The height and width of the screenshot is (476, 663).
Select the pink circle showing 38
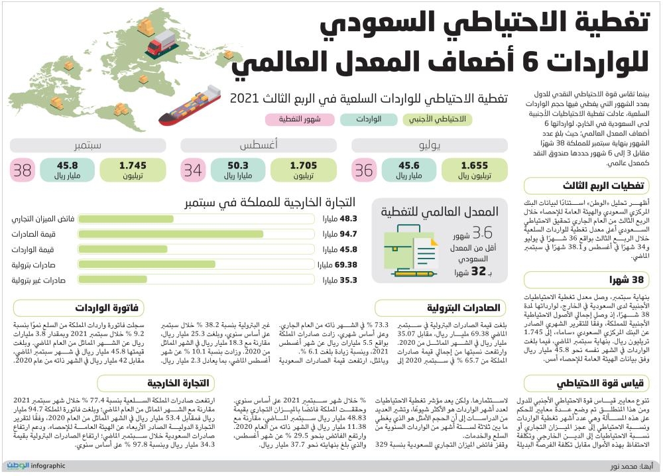23,170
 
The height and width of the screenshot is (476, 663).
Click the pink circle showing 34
193,170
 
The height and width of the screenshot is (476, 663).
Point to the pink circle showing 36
364,170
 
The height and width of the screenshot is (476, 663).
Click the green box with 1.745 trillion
133,170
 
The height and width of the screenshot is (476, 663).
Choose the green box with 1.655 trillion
475,170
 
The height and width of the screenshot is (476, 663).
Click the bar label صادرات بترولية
38,265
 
